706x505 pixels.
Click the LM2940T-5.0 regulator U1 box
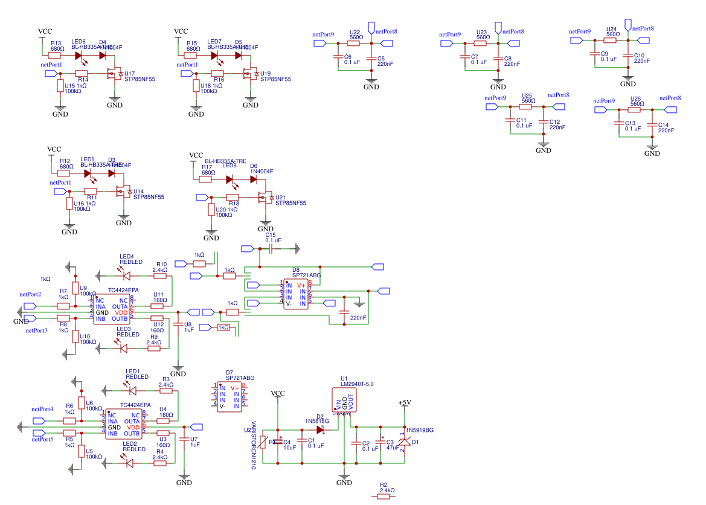click(x=344, y=400)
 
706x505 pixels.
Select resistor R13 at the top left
click(x=54, y=56)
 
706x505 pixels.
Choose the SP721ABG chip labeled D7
click(x=229, y=397)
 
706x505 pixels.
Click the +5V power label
click(x=404, y=402)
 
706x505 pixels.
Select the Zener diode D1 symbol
click(x=404, y=442)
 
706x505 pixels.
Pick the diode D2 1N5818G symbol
click(x=321, y=429)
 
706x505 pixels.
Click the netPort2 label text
click(x=30, y=294)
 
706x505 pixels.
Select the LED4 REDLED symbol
click(x=126, y=276)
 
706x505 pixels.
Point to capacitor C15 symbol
click(x=271, y=248)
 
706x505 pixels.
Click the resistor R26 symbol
click(x=634, y=110)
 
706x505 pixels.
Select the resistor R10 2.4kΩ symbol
click(x=159, y=276)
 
